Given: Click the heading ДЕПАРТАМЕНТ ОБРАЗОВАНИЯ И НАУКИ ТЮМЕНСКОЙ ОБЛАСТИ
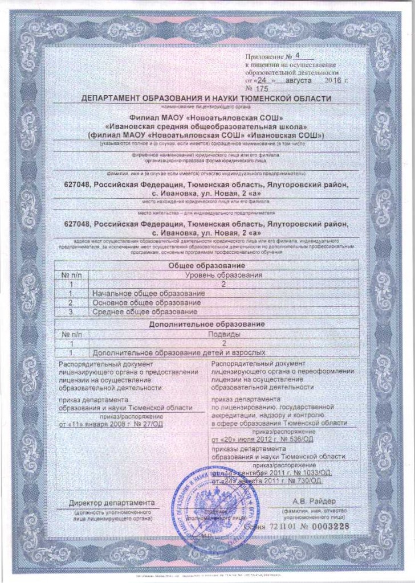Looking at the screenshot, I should (x=206, y=98).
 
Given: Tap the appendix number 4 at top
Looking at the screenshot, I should (x=296, y=56).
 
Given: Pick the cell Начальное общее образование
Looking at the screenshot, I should (x=148, y=293).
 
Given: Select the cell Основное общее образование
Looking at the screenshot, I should (x=147, y=302).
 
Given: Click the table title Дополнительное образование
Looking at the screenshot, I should (x=208, y=325).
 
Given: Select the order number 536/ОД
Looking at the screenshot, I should (x=296, y=440).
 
